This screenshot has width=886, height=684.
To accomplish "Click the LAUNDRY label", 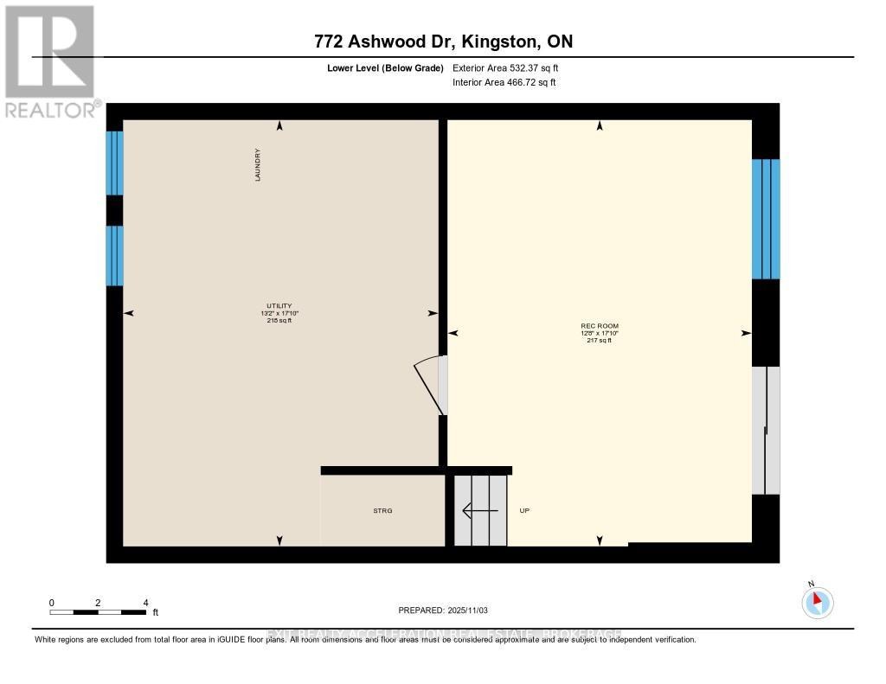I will tap(258, 164).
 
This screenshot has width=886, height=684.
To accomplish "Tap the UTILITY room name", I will tap(279, 306).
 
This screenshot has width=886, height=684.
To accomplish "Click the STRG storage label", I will tap(382, 511).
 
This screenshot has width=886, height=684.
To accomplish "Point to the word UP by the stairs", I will tap(523, 511).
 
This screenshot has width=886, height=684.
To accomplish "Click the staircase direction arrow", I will tap(480, 511).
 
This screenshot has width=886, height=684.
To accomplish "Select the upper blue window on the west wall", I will tap(114, 163).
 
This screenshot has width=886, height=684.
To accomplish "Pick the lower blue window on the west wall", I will tap(114, 255).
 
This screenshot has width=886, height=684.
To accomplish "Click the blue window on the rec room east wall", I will tap(766, 219).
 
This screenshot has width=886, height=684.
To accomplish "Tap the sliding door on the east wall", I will tap(766, 430).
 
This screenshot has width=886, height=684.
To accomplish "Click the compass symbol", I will tap(817, 602).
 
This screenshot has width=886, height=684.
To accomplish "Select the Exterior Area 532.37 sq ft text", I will tap(511, 67).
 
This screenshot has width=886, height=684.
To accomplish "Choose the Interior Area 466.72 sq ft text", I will tap(504, 83).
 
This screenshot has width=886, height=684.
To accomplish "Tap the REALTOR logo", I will tap(50, 61).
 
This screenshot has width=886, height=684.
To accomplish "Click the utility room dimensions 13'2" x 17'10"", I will tap(279, 313).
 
